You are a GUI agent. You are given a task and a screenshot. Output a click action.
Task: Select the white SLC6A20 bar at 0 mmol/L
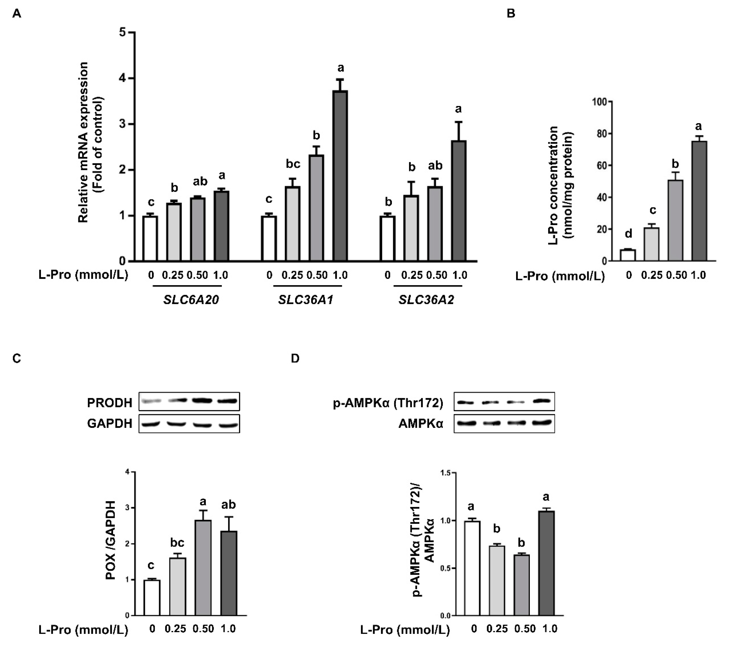point(150,238)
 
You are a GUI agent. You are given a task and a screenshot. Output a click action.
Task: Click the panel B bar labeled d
point(628,255)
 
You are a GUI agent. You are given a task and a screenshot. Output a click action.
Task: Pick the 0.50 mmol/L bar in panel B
point(675,220)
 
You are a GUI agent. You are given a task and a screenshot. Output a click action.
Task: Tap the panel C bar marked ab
point(229,573)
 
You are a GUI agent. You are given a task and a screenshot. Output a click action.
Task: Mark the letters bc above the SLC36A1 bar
point(293,164)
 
